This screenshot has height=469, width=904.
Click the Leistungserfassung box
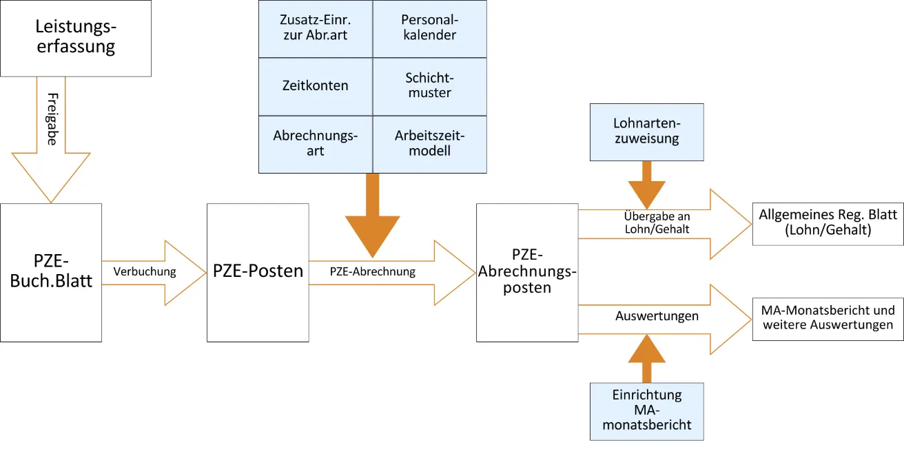tap(76, 38)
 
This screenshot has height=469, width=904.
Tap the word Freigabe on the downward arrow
tap(52, 119)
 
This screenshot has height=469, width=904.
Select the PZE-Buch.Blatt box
tap(51, 272)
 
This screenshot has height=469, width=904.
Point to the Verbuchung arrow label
tap(145, 271)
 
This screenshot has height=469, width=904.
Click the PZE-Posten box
tap(258, 272)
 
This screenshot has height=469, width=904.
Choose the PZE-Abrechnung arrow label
tap(372, 271)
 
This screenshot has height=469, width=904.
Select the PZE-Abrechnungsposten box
tap(527, 272)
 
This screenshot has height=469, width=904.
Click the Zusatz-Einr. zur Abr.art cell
tap(315, 28)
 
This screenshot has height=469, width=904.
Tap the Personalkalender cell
tap(429, 28)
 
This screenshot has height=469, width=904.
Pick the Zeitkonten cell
tap(315, 86)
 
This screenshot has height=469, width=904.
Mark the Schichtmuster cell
tap(429, 86)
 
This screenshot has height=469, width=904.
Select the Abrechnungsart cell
tap(315, 143)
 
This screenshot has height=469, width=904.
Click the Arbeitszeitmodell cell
tap(429, 143)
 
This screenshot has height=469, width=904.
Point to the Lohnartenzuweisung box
tap(646, 132)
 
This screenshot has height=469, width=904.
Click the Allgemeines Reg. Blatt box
tap(828, 223)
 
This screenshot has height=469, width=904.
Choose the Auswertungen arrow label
tap(656, 316)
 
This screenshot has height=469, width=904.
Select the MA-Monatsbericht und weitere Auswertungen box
tap(828, 317)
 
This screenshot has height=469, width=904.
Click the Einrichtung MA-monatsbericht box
tap(646, 410)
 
